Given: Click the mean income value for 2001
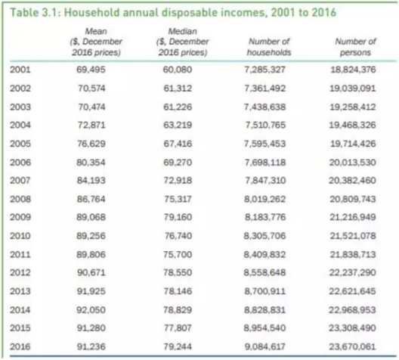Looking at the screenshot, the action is pos(91,70).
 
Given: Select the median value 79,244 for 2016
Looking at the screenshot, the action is pos(178,346).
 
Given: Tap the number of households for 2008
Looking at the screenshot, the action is pos(265,199).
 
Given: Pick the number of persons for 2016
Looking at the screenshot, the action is pos(352,346).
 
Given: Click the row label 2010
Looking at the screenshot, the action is pos(20,236).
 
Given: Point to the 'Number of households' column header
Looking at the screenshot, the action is pos(269,47).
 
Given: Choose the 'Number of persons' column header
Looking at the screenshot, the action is pos(355,47).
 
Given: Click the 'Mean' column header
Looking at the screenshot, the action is pos(96,42).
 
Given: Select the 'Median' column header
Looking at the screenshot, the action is pos(182,42).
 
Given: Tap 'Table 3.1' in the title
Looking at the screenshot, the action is pos(34,12).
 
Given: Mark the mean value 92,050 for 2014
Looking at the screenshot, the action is pos(91,310).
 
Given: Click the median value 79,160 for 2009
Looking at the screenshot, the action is pos(178,217).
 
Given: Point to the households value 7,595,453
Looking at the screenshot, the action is pos(265,144).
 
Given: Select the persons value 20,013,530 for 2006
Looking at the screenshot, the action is pos(352,162).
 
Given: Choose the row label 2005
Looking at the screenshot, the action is pos(20,144).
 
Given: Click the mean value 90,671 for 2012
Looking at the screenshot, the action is pos(91,272).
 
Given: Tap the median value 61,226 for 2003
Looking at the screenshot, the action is pos(178,107).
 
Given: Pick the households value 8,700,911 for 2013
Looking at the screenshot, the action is pos(265,291).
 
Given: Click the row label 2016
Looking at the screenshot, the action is pos(20,346).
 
